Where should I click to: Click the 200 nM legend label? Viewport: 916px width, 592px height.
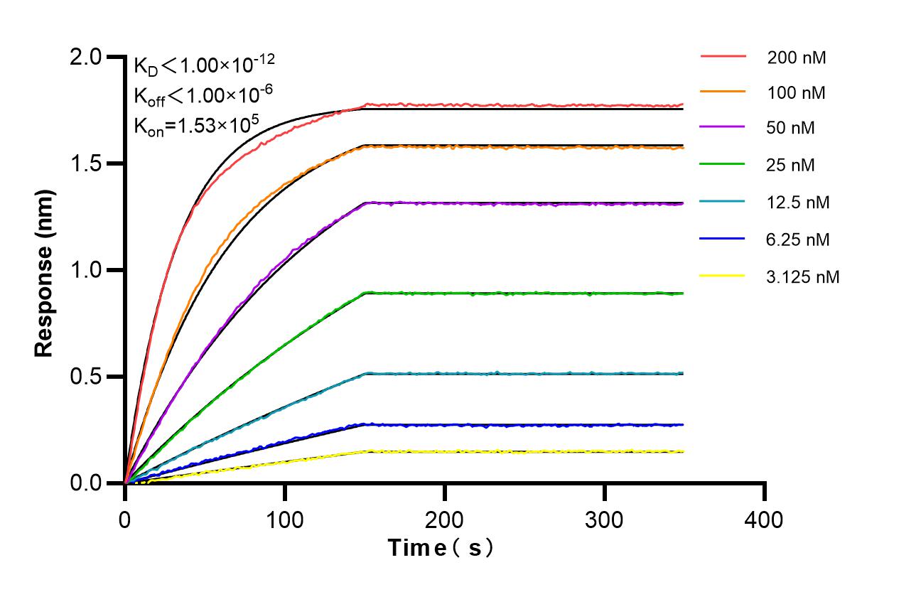click(796, 58)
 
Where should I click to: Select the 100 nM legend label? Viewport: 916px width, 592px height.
click(796, 92)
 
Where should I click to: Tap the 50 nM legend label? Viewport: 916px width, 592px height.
click(791, 129)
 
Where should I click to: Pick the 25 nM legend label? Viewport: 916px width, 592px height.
click(791, 166)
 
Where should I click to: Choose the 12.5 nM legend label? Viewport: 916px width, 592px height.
click(798, 203)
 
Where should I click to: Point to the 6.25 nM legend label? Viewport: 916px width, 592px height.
click(798, 240)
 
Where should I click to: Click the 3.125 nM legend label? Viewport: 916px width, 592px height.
click(803, 276)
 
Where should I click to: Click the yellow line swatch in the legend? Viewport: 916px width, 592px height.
click(723, 276)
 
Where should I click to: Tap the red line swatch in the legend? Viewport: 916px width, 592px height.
click(723, 56)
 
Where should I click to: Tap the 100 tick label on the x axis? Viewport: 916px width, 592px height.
click(285, 520)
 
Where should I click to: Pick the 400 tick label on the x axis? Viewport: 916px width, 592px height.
click(765, 520)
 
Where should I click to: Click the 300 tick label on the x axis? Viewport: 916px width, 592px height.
click(605, 520)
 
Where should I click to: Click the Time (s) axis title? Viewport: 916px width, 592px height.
click(441, 549)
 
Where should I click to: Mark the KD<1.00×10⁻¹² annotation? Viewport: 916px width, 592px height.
click(204, 65)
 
